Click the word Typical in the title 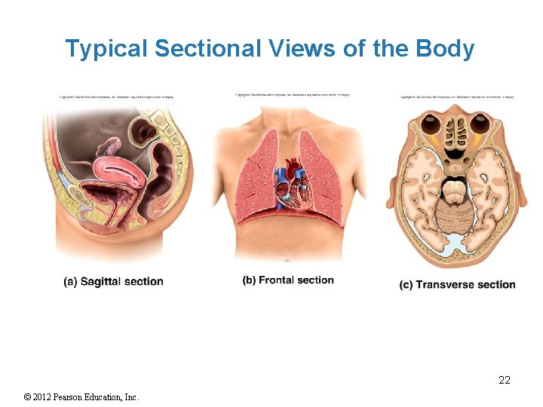[x=106, y=49]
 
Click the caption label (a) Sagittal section [x=113, y=282]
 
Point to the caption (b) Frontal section [x=288, y=280]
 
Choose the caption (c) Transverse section [x=458, y=285]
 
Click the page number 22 [x=505, y=381]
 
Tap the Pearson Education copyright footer [x=82, y=397]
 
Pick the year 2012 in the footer [x=48, y=397]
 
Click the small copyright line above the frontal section [x=293, y=95]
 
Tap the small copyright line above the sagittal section [x=117, y=96]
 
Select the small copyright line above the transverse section [x=457, y=96]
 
